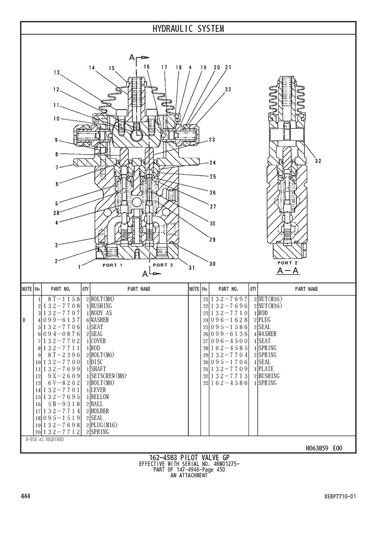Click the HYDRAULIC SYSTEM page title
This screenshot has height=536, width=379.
[188, 29]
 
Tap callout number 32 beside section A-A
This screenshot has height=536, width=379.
[318, 161]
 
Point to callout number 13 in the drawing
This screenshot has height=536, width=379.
[56, 72]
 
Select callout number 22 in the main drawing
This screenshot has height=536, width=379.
[228, 89]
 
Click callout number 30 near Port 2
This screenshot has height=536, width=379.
[212, 264]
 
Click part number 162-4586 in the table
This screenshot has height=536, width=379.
[230, 383]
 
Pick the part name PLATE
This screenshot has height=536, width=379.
[266, 369]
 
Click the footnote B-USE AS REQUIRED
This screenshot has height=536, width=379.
[45, 439]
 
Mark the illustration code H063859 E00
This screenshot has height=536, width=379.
[324, 448]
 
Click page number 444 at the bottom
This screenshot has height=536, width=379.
[26, 496]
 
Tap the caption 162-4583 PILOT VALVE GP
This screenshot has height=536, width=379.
[189, 458]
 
